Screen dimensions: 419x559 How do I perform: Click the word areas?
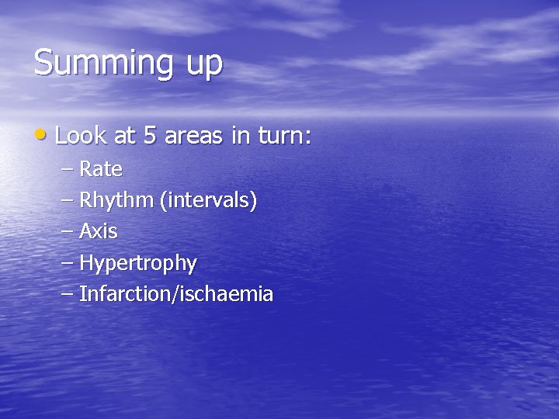(193, 137)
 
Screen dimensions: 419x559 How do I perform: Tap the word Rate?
(101, 168)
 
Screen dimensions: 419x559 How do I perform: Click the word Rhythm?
(116, 201)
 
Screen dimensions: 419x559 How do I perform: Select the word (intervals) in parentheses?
(208, 200)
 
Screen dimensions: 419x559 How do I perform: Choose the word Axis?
(99, 231)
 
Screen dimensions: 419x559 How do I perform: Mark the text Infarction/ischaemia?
(176, 294)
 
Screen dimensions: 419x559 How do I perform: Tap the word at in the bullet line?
(124, 137)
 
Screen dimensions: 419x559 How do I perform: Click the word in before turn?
(238, 137)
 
